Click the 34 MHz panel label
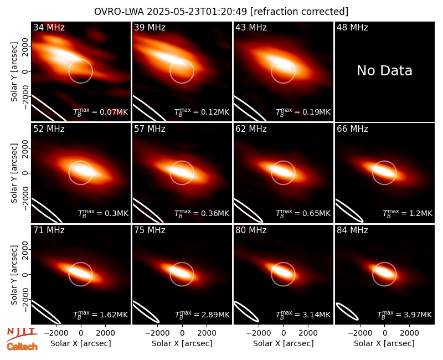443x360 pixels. tap(49, 27)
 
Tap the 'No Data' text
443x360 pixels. tap(384, 71)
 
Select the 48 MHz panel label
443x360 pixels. tap(352, 27)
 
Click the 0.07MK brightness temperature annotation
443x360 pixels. tap(101, 112)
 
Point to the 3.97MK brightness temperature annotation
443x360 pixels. tap(405, 315)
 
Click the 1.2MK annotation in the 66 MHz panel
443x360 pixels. tap(408, 213)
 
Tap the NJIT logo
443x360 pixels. tap(22, 334)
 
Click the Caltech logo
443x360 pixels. tap(22, 347)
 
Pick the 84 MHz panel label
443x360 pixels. tap(352, 230)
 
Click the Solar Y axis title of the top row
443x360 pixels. tap(14, 72)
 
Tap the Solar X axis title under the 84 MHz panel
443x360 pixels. tap(384, 343)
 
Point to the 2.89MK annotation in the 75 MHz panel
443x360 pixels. tap(202, 315)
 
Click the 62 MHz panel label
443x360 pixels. tap(251, 129)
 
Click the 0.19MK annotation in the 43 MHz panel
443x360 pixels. tap(303, 112)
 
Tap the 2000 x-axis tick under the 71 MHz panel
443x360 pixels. tap(105, 333)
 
